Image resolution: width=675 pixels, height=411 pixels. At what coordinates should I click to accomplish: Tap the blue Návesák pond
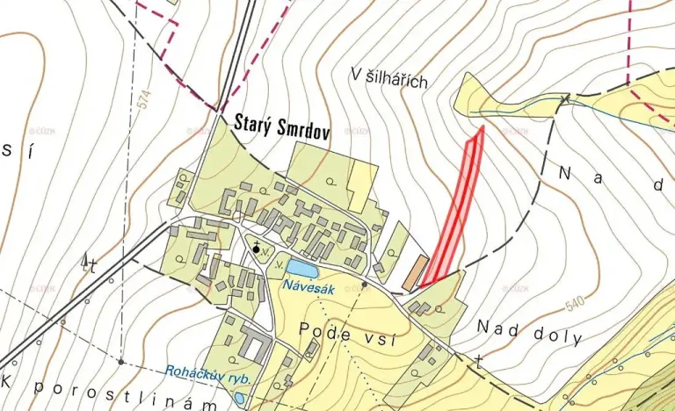[300, 267]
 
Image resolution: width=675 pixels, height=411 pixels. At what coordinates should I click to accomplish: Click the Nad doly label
[519, 328]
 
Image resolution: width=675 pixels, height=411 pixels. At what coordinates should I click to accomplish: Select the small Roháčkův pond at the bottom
[240, 399]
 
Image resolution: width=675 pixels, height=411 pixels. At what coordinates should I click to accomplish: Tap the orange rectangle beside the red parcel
[415, 274]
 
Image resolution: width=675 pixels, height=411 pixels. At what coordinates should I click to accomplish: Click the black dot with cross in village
[257, 249]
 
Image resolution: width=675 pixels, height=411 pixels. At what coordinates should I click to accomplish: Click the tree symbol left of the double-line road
[86, 260]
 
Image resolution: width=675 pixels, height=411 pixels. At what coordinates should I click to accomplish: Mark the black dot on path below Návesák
[364, 285]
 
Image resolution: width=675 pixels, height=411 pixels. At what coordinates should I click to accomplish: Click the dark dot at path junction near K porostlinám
[120, 361]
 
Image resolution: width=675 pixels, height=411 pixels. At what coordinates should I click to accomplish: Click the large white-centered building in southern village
[253, 348]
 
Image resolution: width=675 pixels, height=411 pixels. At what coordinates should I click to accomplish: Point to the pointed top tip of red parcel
[483, 128]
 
